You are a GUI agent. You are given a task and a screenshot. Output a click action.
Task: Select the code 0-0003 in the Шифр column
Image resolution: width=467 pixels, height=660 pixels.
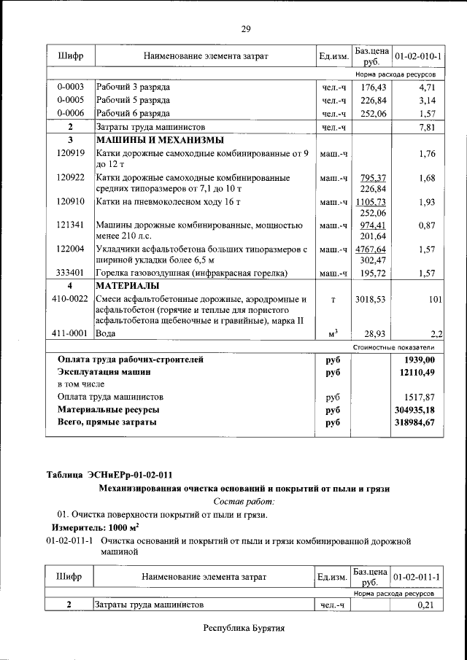tap(71, 88)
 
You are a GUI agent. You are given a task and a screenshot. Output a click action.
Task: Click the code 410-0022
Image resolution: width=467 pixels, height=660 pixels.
tap(71, 299)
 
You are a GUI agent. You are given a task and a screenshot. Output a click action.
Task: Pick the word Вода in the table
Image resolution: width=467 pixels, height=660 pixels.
tap(106, 333)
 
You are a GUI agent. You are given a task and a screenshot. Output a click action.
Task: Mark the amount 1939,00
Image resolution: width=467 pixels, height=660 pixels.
tap(419, 360)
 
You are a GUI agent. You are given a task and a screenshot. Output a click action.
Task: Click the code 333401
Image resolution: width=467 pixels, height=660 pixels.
tap(71, 273)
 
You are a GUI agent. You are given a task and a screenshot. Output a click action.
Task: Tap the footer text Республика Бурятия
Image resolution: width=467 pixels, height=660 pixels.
tap(244, 627)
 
